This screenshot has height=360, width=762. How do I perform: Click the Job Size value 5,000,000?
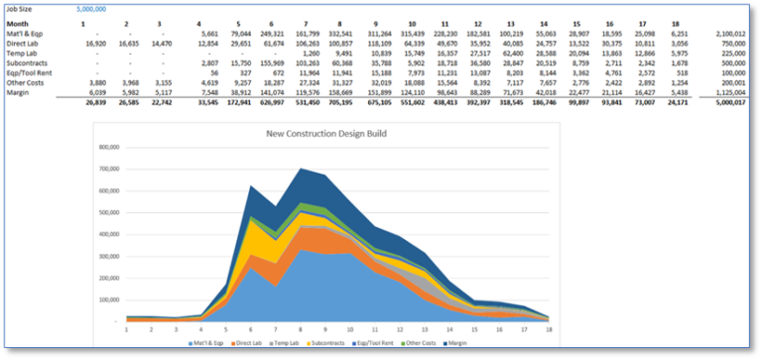pos(92,8)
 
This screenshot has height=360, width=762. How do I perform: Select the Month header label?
pos(20,23)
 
